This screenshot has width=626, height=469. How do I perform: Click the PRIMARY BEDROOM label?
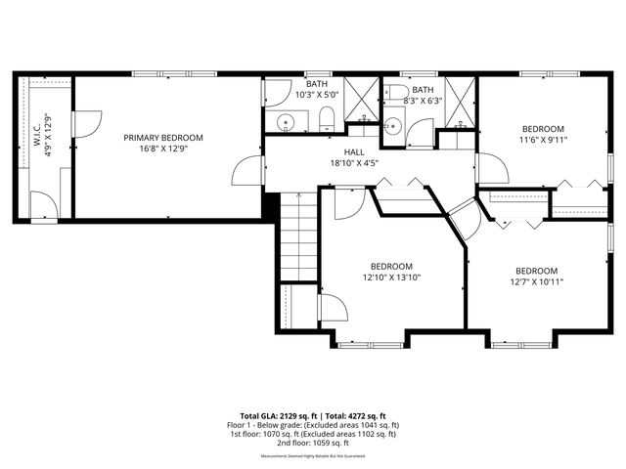(x=162, y=138)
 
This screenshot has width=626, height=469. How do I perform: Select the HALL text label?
(x=353, y=152)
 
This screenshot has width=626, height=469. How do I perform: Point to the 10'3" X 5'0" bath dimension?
(x=316, y=96)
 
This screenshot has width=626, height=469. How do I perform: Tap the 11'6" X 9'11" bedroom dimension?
(x=542, y=140)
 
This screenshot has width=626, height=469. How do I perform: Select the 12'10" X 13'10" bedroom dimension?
(x=390, y=277)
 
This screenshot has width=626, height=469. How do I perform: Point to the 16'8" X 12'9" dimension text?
(x=162, y=149)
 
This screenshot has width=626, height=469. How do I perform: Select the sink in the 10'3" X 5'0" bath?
(x=285, y=123)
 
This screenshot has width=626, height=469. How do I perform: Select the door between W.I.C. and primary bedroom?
(x=84, y=124)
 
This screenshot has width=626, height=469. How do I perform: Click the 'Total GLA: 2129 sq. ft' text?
(x=280, y=415)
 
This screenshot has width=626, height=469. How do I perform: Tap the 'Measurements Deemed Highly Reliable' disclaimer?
(x=312, y=456)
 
